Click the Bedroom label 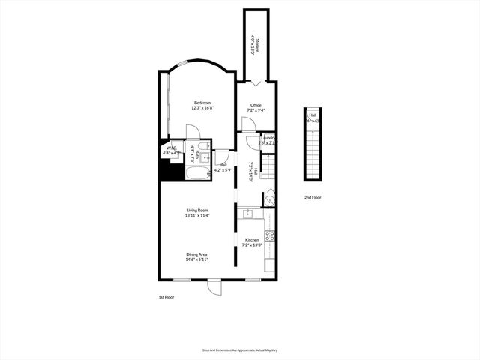click(x=202, y=103)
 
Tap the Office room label click(x=256, y=104)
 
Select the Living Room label click(x=197, y=210)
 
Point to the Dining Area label click(x=197, y=254)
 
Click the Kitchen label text click(x=252, y=240)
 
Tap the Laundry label click(x=268, y=138)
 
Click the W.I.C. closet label click(x=171, y=148)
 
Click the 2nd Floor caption click(x=313, y=197)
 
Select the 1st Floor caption click(x=166, y=297)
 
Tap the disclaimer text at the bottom click(x=239, y=349)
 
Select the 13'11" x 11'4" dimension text click(x=197, y=215)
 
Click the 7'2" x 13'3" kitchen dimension click(x=252, y=245)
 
